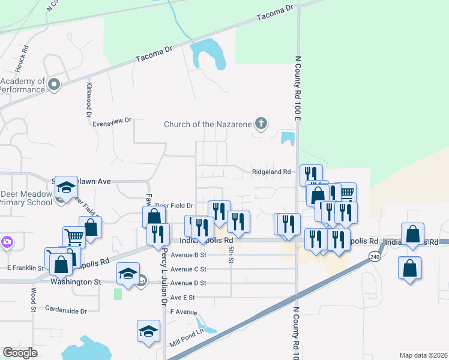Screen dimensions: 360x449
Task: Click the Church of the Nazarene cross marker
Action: (261, 124)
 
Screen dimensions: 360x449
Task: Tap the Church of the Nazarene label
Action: (208, 125)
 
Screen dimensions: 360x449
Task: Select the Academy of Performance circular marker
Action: (54, 84)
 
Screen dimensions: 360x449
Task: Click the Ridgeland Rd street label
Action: (271, 172)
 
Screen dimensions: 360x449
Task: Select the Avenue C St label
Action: (188, 269)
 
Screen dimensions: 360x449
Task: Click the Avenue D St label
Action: (188, 283)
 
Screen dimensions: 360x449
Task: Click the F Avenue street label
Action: (184, 312)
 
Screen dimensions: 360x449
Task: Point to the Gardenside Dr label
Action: (66, 311)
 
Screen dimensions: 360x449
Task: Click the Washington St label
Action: (76, 281)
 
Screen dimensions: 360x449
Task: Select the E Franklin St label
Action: (25, 268)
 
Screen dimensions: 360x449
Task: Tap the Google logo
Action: (20, 353)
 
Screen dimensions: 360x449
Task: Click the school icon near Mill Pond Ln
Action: (149, 331)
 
